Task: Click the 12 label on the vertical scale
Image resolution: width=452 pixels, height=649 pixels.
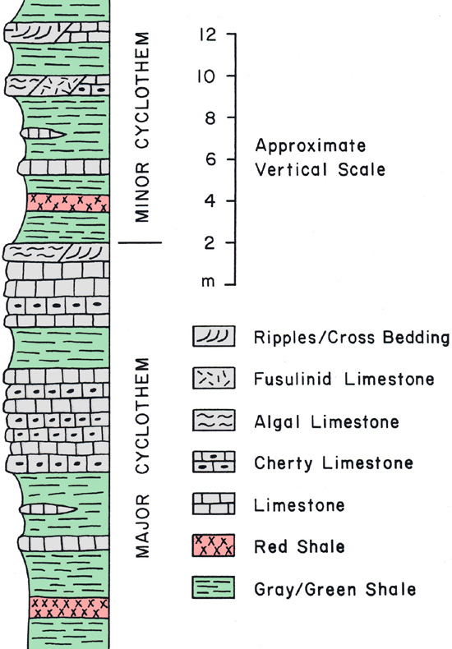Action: [208, 35]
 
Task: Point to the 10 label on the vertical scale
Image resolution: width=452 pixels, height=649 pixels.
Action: [206, 76]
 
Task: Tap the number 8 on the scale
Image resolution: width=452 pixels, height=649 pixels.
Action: [210, 118]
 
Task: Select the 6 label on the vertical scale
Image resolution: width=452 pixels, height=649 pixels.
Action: [210, 159]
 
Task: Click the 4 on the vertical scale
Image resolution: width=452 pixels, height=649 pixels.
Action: [210, 201]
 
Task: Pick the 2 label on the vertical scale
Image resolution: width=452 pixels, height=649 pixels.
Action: [210, 242]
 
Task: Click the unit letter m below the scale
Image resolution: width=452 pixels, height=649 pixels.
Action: [208, 283]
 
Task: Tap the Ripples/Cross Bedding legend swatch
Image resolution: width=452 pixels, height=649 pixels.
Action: [214, 336]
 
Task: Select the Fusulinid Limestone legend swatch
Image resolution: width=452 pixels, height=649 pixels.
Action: [214, 378]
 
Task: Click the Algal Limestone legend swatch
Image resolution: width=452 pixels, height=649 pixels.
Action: [214, 420]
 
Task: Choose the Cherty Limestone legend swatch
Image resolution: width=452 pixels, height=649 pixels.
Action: [214, 462]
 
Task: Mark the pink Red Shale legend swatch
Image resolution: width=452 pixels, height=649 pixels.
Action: [214, 545]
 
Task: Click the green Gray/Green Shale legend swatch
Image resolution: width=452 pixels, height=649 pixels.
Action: [214, 587]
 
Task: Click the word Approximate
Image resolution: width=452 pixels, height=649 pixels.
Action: [311, 146]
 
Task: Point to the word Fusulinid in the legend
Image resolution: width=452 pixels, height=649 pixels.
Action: [293, 379]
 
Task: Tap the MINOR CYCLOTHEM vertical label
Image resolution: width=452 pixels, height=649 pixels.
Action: [141, 127]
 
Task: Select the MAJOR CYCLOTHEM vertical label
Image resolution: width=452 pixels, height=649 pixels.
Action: [141, 458]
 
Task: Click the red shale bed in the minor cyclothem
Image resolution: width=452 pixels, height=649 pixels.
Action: [68, 203]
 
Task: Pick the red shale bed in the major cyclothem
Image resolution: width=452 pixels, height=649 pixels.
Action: [69, 608]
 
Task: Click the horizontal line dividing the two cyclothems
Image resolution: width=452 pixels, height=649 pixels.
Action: [140, 242]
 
